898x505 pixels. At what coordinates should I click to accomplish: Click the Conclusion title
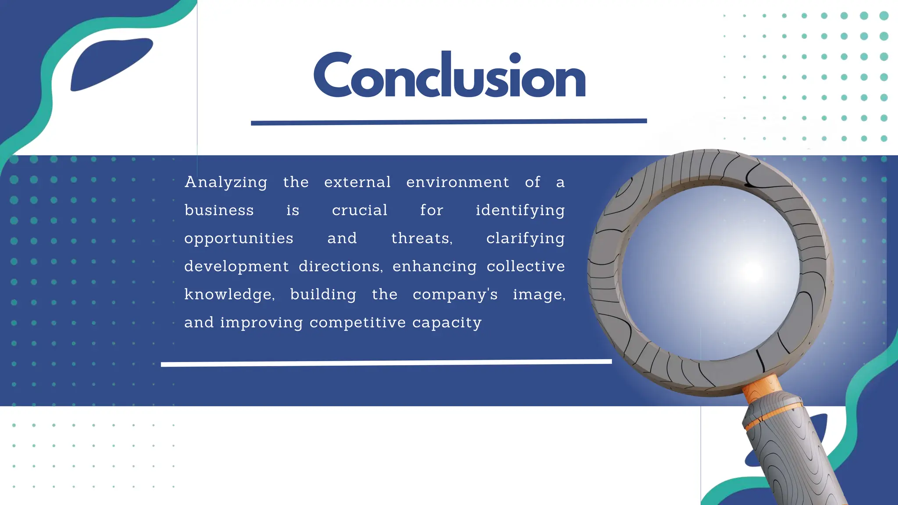pos(449,75)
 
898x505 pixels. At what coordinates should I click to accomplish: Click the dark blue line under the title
pos(449,122)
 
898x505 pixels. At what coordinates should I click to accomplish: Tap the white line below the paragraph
pos(386,363)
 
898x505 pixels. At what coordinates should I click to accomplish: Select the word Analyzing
pos(226,182)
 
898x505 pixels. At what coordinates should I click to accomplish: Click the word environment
pos(457,182)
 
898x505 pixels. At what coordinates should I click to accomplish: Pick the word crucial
pos(360,210)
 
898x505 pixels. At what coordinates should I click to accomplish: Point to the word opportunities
pos(239,239)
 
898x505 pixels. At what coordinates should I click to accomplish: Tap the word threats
pos(421,238)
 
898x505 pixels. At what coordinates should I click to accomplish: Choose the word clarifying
pos(525,239)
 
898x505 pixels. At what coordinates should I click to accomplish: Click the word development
pos(236,267)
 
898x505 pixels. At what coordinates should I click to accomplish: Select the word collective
pos(525,267)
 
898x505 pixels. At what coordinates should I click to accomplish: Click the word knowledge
pos(229,295)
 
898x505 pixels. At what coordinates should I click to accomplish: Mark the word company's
pos(455,295)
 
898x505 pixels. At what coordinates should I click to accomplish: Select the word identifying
pos(520,211)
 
